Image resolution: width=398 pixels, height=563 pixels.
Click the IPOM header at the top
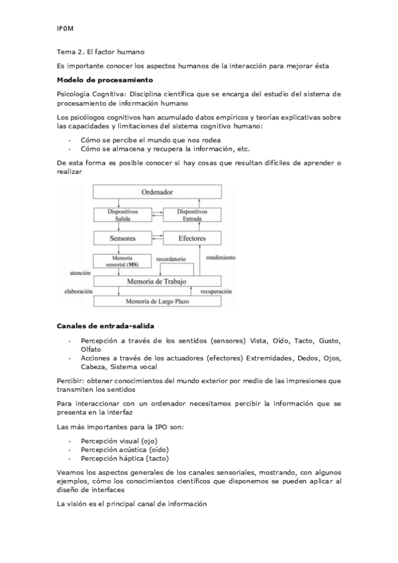point(66,28)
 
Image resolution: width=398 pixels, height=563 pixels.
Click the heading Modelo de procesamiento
point(96,80)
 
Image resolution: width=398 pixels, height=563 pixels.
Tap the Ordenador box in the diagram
point(157,192)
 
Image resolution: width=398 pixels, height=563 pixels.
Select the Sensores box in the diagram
point(123,238)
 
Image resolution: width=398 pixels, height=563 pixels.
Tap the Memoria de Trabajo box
point(157,281)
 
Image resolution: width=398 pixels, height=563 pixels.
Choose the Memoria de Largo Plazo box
point(157,301)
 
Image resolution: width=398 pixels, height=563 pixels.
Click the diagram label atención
point(80,272)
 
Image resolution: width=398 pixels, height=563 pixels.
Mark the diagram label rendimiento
point(221,256)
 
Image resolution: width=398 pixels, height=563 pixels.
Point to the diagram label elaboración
point(78,291)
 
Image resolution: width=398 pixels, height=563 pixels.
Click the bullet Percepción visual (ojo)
point(118,440)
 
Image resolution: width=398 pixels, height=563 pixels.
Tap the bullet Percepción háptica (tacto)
point(124,457)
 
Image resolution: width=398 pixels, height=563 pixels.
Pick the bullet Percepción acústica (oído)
point(122,449)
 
